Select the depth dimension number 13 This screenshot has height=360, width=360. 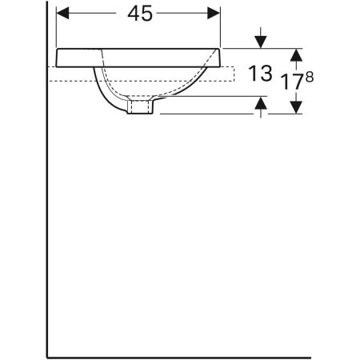tap(262, 74)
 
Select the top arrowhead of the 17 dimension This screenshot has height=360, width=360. tap(296, 55)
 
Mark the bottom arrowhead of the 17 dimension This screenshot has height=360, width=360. tap(296, 106)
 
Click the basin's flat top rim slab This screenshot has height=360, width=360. tap(136, 57)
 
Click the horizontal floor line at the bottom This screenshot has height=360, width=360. tap(200, 354)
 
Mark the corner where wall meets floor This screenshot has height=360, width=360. tap(47, 354)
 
